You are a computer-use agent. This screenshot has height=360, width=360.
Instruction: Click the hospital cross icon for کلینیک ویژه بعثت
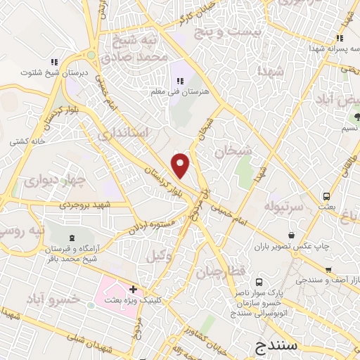pos(133,289)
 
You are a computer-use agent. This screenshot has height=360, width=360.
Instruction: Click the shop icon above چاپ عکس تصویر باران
pos(292,236)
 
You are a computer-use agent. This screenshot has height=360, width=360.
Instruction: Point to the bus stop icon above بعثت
pos(326,196)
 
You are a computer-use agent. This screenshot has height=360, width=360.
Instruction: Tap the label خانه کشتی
pos(27,141)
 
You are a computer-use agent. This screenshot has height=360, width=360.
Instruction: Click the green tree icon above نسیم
pos(357,115)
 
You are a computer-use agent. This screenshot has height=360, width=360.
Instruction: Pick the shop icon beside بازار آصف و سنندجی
pos(328,270)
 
